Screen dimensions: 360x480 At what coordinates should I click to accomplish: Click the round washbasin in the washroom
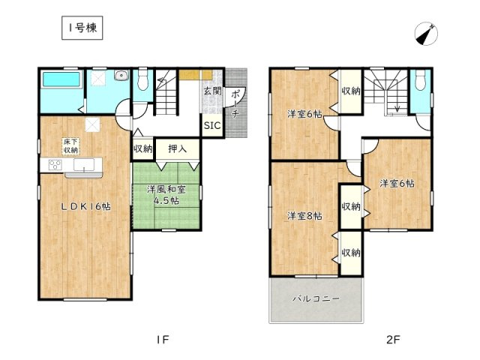point(120,75)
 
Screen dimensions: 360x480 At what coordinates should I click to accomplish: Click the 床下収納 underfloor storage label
point(70,145)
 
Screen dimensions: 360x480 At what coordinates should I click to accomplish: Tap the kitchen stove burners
point(56,165)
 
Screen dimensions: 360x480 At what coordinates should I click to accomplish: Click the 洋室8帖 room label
point(303,216)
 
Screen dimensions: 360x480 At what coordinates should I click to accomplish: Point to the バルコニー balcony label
point(316,298)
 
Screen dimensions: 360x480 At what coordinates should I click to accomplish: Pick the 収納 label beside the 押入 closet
point(143,148)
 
